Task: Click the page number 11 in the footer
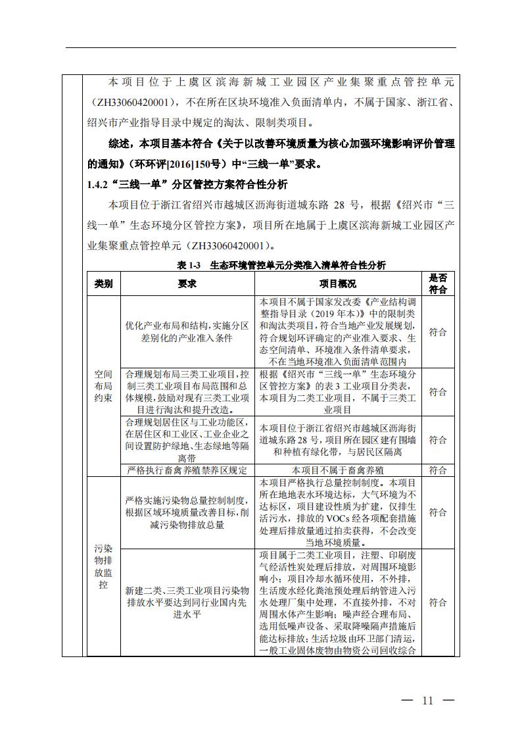click(x=428, y=701)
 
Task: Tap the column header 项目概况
click(x=338, y=284)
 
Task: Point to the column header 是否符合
click(x=438, y=284)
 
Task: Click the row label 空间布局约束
click(x=103, y=386)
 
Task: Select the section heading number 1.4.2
click(x=99, y=185)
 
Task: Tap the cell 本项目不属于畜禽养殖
click(x=338, y=470)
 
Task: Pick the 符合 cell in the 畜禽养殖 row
click(x=438, y=470)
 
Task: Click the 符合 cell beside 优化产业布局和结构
click(x=438, y=332)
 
